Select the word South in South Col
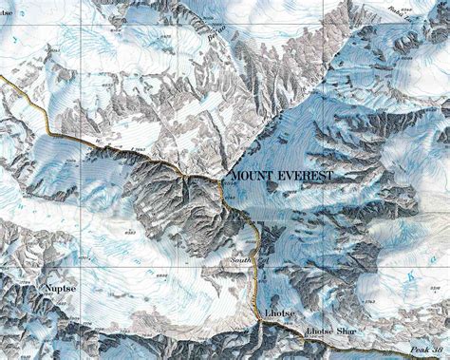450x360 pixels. (241, 259)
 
